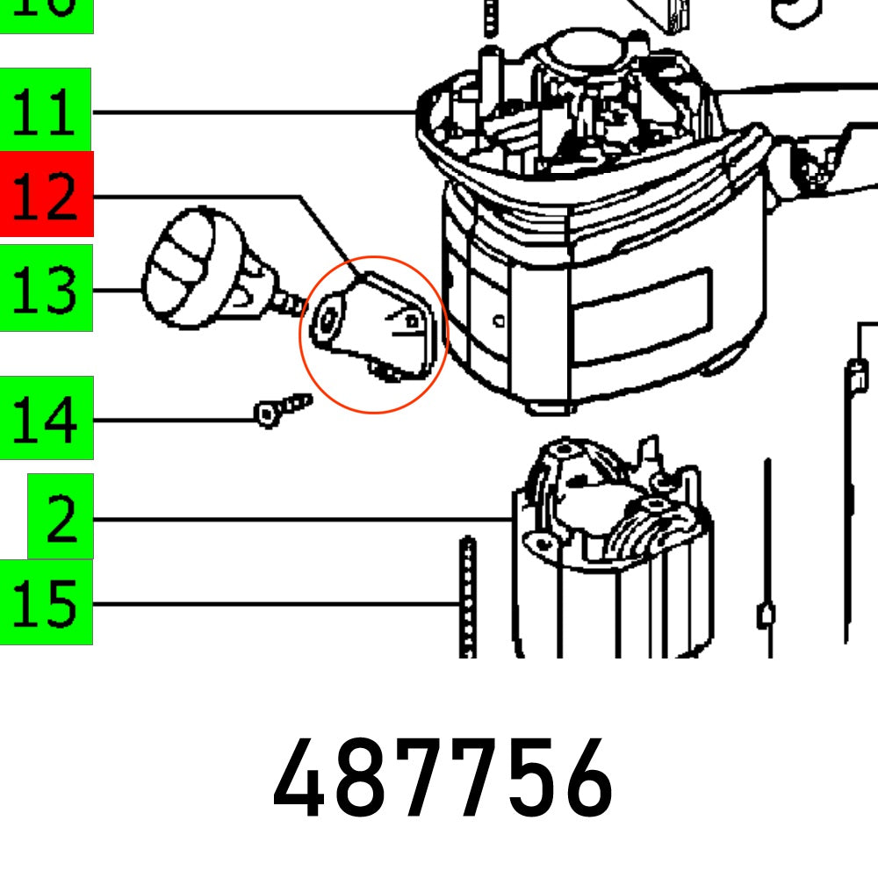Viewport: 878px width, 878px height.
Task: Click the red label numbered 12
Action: [x=46, y=194]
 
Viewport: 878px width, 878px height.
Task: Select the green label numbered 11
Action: [x=46, y=112]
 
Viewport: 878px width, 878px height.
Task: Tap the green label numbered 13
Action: [x=46, y=288]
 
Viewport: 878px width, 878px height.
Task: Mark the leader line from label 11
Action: [x=255, y=112]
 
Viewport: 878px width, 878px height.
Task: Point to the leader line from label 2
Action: [x=299, y=520]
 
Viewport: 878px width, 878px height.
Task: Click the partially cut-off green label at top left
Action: [x=46, y=13]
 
